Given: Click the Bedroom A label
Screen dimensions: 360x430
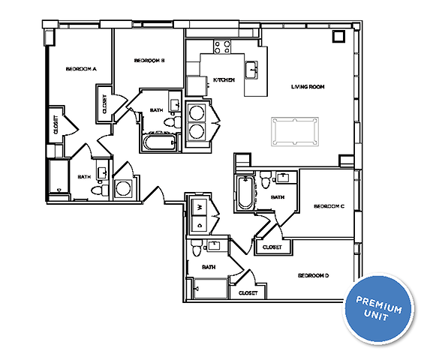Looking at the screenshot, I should pyautogui.click(x=80, y=69).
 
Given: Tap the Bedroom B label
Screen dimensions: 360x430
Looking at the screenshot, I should pyautogui.click(x=149, y=61).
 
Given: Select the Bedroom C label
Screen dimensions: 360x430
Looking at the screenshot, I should pyautogui.click(x=329, y=206).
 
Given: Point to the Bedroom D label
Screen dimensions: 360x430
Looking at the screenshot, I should pyautogui.click(x=314, y=276).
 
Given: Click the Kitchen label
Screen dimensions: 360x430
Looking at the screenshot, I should pyautogui.click(x=224, y=79).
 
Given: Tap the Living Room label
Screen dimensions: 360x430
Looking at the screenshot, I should pyautogui.click(x=307, y=87).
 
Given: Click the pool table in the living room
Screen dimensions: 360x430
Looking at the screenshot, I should pyautogui.click(x=295, y=130).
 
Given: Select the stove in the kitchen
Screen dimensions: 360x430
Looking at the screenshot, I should pyautogui.click(x=222, y=48).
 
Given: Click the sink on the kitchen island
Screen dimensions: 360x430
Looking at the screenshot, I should pyautogui.click(x=254, y=70).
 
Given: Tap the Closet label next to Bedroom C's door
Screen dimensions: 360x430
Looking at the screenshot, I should pyautogui.click(x=271, y=247).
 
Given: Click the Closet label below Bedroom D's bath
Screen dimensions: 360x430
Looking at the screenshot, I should pyautogui.click(x=248, y=293).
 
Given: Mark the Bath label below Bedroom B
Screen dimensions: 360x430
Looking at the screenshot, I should pyautogui.click(x=156, y=110).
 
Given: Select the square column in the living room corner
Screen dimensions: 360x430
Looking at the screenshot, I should pyautogui.click(x=338, y=36).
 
